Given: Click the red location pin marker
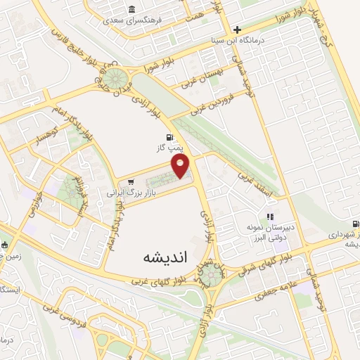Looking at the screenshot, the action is click(x=181, y=165).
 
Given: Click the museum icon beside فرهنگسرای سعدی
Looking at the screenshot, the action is click(x=132, y=9).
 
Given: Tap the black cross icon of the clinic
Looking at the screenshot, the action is click(x=238, y=30).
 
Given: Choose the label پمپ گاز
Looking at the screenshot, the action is click(x=169, y=149).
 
